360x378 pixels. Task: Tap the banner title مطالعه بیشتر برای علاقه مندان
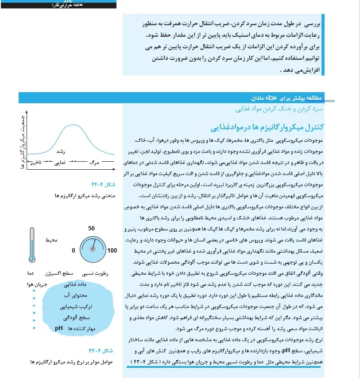[287, 98]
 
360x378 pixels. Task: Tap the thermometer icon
[32, 245]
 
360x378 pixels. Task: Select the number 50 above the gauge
[92, 229]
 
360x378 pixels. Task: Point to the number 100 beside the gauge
[112, 251]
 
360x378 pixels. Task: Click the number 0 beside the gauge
[74, 251]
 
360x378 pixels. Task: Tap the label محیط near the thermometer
[51, 240]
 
